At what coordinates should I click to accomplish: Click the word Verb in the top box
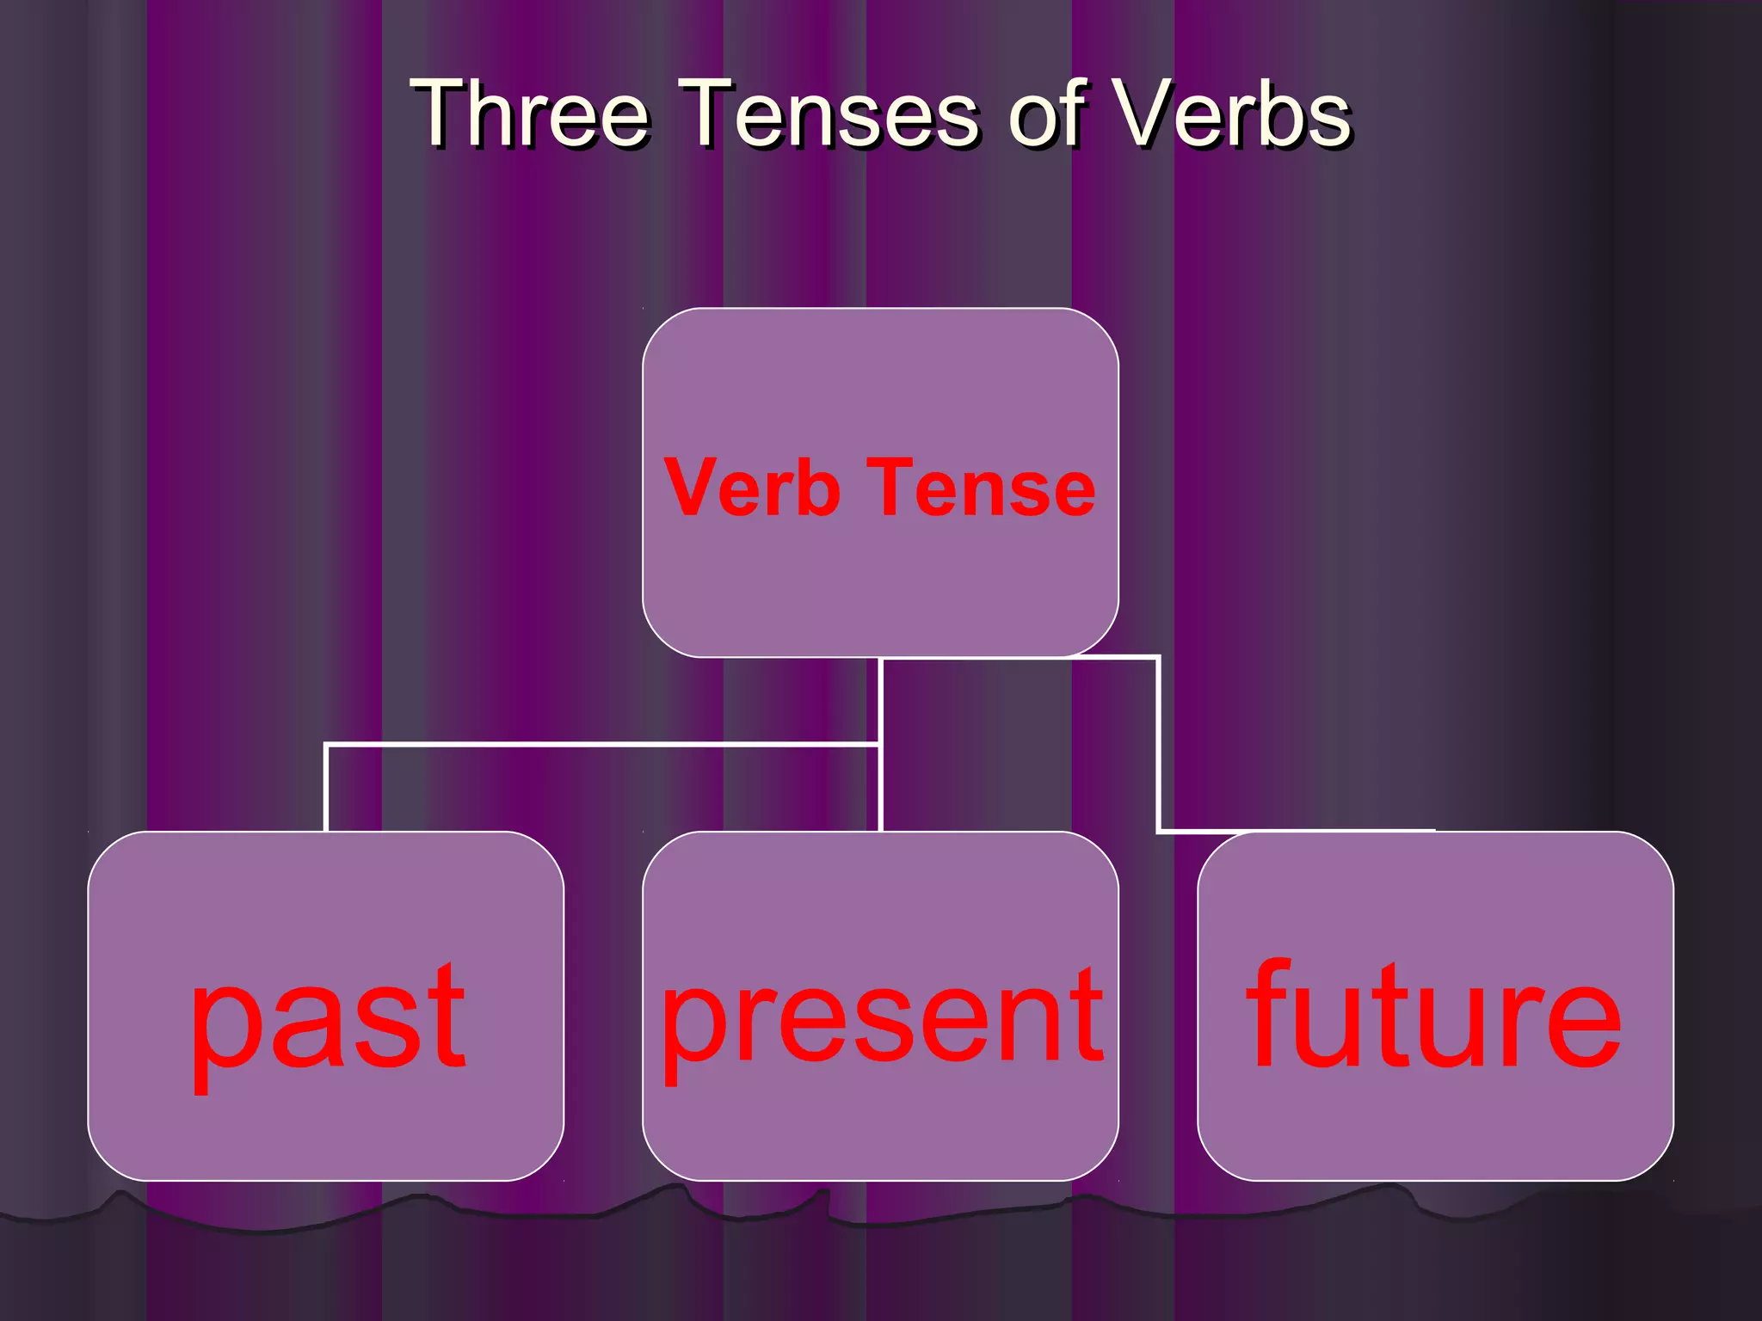pos(752,488)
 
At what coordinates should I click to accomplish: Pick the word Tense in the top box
pos(981,488)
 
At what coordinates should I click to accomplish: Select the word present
pos(881,1019)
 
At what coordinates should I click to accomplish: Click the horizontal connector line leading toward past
pos(602,744)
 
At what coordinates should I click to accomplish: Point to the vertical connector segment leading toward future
pos(1158,744)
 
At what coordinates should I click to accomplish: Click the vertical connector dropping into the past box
pos(326,787)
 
